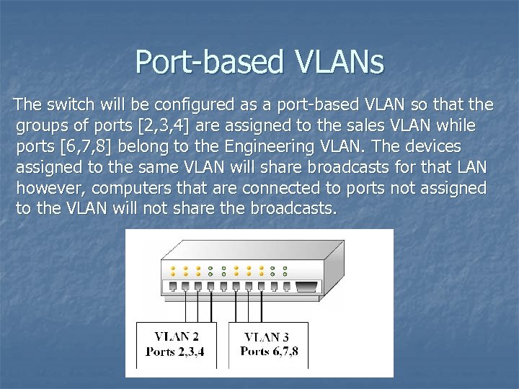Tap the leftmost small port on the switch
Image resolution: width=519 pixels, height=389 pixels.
point(173,287)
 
